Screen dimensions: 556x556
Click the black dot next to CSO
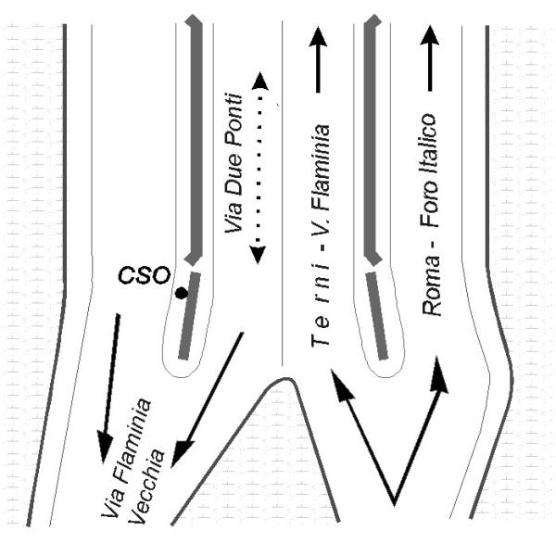tap(182, 293)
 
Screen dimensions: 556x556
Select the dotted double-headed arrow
tap(260, 167)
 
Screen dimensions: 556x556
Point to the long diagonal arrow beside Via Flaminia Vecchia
tap(209, 398)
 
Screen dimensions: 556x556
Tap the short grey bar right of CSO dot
tap(189, 315)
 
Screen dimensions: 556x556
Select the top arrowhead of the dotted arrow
tap(260, 82)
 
